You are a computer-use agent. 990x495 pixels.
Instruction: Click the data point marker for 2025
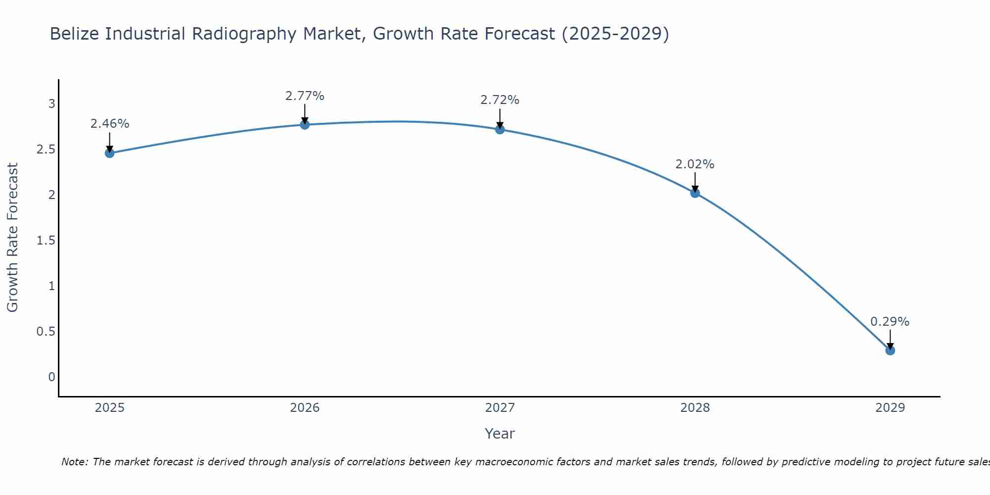coord(110,153)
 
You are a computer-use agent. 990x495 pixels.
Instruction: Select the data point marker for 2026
coord(305,125)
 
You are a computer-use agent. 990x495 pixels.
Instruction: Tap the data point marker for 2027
coord(500,129)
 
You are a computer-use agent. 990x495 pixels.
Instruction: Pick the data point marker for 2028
coord(695,193)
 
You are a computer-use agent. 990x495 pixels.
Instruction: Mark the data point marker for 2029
coord(890,350)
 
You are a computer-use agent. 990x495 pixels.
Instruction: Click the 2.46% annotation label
coord(110,124)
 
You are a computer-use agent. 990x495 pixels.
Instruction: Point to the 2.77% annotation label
coord(305,96)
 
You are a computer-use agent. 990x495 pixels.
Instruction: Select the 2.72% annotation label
coord(500,100)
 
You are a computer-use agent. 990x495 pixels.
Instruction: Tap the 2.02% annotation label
coord(695,164)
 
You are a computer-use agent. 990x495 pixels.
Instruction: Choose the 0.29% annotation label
coord(890,322)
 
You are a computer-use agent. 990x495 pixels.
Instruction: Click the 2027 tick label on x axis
coord(500,408)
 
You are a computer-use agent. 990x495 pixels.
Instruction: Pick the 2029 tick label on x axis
coord(890,408)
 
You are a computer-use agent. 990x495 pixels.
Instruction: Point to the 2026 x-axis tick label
coord(305,408)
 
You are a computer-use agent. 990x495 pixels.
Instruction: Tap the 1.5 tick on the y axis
coord(46,241)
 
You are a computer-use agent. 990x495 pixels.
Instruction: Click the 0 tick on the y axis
coord(51,377)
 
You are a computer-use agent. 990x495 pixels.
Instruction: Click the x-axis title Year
coord(500,434)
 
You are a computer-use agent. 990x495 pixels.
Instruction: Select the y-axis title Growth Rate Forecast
coord(13,238)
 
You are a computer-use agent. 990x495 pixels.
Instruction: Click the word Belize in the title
coord(74,34)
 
